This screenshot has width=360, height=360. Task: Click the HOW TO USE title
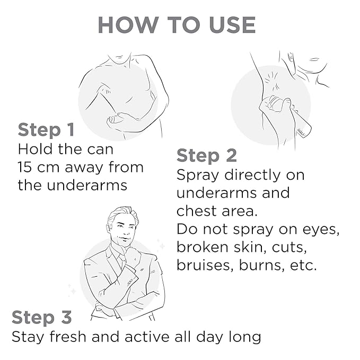click(177, 25)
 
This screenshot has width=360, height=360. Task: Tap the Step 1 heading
click(46, 130)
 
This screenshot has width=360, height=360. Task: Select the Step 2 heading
click(207, 156)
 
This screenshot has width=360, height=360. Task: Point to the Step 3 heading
click(41, 317)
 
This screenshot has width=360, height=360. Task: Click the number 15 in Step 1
click(25, 167)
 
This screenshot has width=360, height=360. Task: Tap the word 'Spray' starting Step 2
click(198, 176)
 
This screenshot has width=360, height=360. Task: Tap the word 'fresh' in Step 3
click(68, 337)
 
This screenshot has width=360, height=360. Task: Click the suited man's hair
click(122, 214)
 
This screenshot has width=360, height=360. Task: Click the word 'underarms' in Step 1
click(87, 185)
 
